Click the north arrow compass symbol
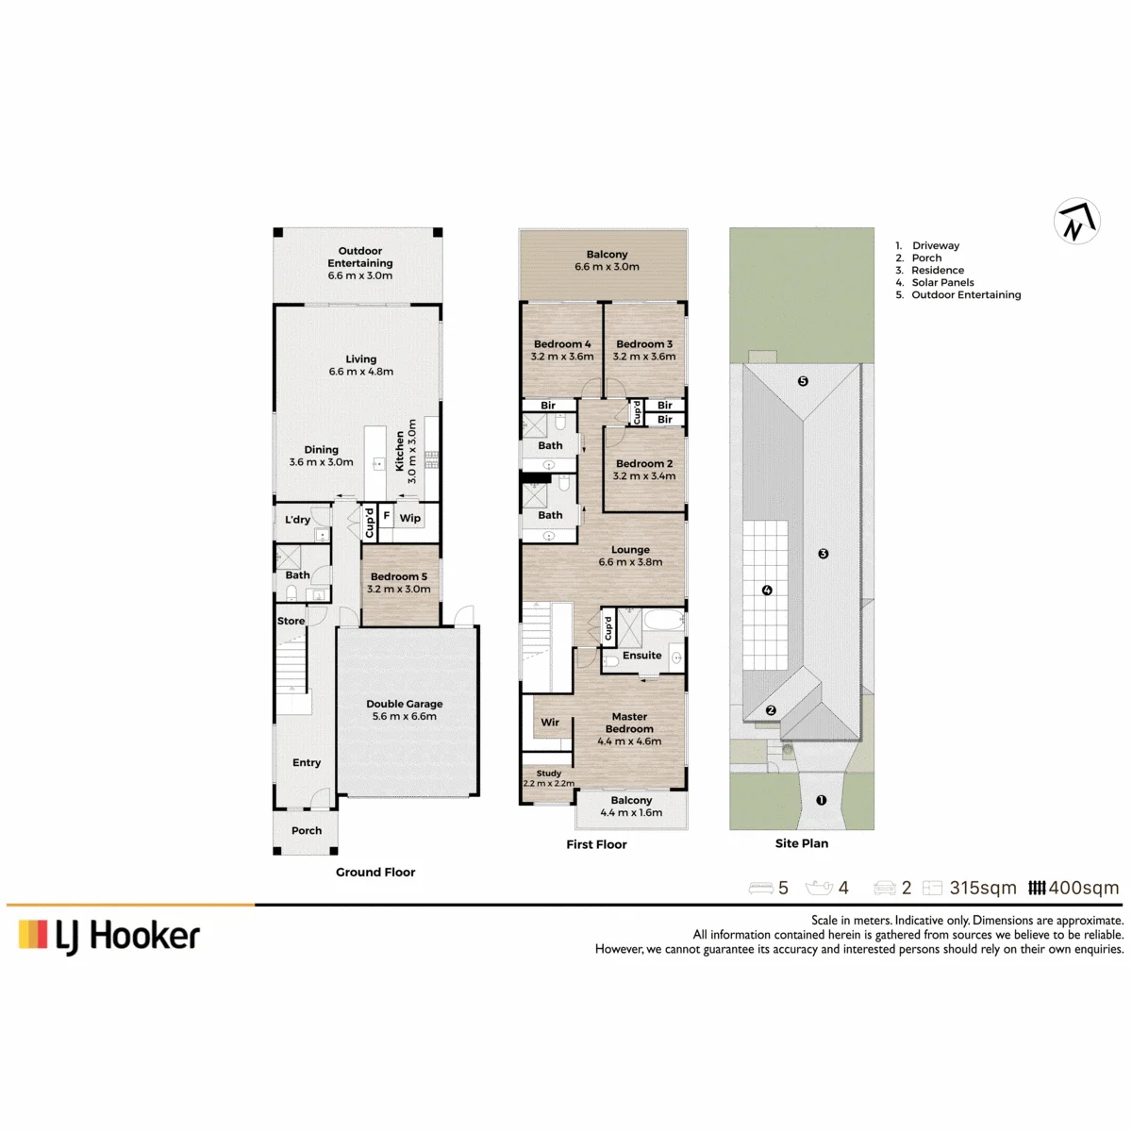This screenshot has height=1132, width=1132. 1076,222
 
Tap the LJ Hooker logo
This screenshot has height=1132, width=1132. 109,936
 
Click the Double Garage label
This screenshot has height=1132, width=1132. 404,704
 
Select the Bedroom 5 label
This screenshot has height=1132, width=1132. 399,576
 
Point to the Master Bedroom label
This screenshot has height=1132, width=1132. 629,723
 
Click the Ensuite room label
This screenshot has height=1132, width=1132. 642,655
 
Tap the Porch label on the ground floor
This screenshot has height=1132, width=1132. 307,830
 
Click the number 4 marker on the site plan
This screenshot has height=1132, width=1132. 767,590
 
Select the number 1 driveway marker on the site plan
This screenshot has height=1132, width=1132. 822,800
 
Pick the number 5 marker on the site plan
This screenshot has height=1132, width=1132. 803,381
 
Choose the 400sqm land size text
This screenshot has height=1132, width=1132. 1083,888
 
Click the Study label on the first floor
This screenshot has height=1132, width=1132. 549,774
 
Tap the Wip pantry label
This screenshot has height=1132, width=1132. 410,518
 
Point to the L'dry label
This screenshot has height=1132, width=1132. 297,519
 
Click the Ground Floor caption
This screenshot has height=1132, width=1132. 375,872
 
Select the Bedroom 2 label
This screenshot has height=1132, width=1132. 644,463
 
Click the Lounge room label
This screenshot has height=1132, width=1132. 630,549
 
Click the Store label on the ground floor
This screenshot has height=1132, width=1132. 291,621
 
